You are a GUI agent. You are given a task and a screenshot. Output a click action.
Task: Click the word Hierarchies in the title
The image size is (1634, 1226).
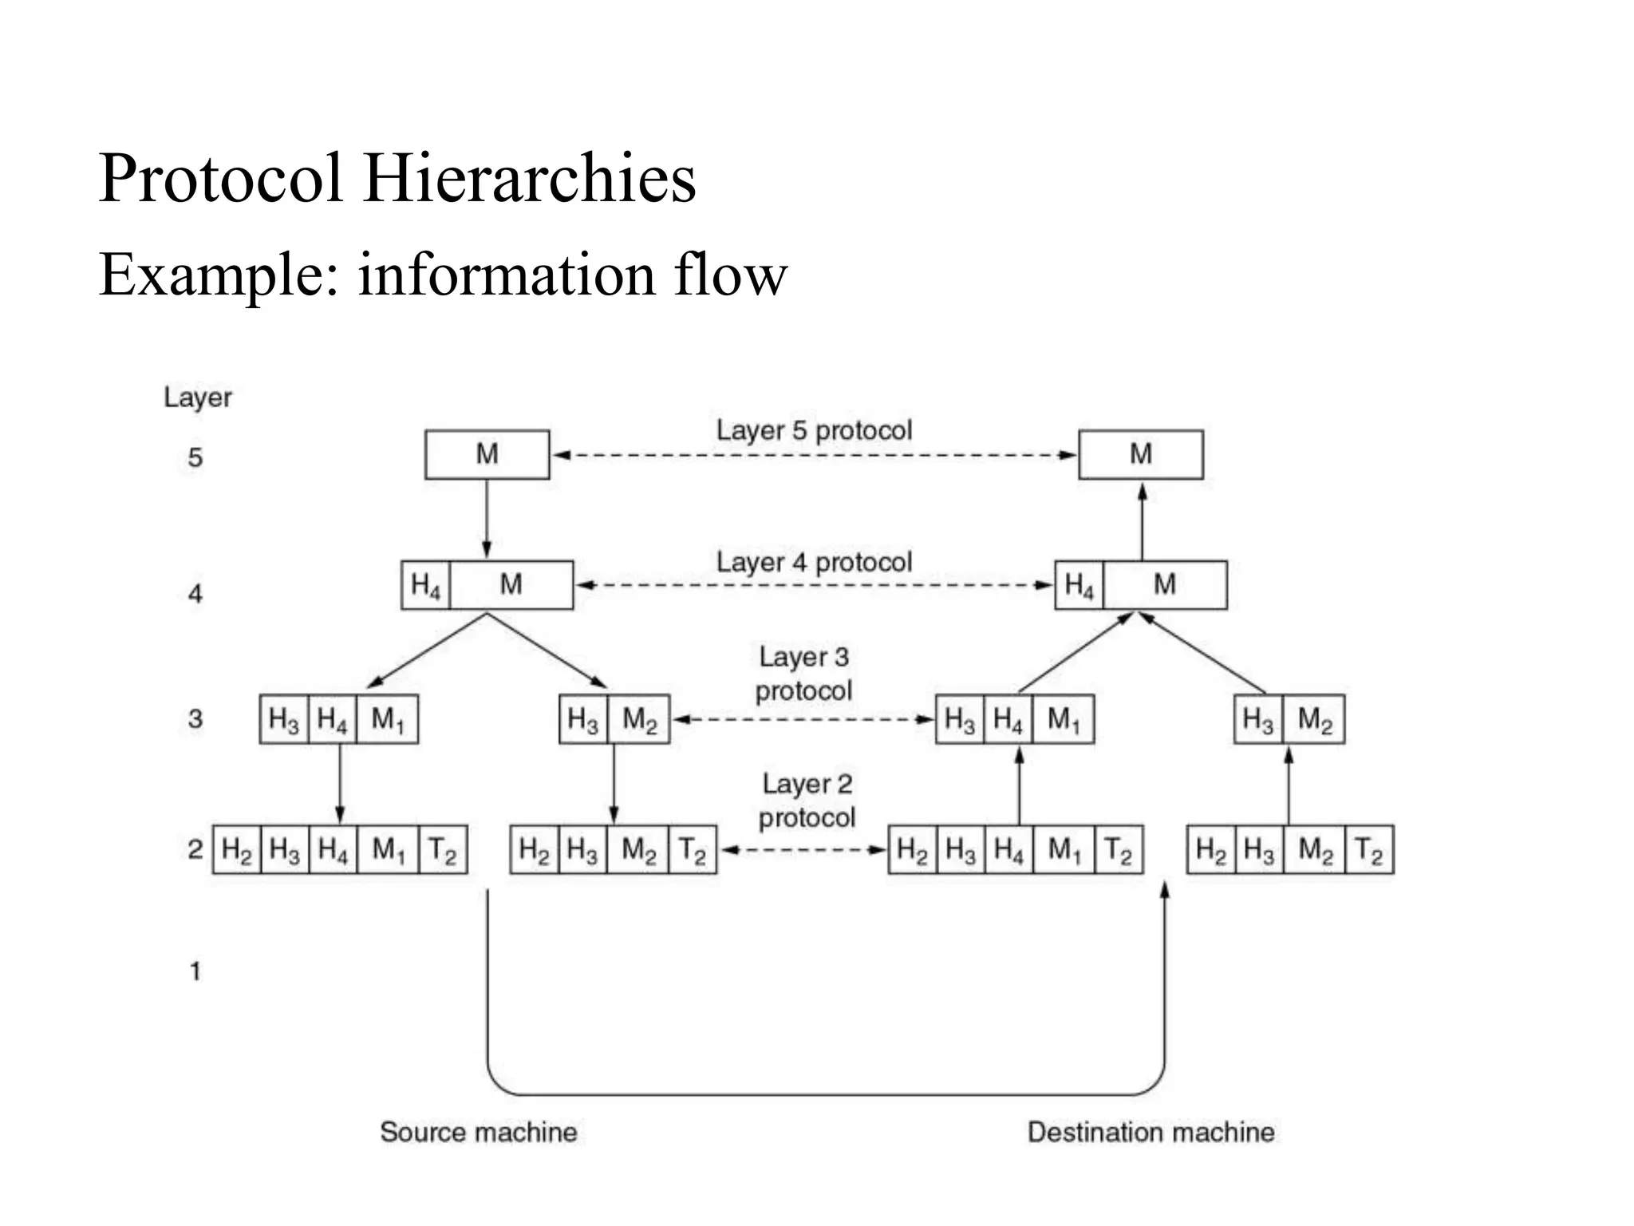pos(529,178)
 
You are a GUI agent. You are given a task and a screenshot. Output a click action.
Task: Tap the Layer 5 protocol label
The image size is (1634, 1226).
pos(814,430)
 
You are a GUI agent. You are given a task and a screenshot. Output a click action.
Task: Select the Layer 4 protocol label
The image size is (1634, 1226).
pos(814,562)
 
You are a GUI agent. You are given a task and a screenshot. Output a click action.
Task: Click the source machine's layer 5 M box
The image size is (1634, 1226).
pos(487,454)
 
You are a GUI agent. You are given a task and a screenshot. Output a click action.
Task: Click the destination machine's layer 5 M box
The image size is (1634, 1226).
pos(1140,454)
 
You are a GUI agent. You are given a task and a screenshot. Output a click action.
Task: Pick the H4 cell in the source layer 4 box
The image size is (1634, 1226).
pos(425,585)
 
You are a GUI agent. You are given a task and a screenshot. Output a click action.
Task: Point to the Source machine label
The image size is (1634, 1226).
pos(478,1132)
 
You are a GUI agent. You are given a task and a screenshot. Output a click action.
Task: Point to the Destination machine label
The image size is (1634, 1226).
pos(1151,1132)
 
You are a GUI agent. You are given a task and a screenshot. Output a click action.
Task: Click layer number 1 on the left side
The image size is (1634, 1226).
pos(195,971)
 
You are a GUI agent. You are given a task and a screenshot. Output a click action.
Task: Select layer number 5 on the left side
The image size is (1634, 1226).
pos(195,457)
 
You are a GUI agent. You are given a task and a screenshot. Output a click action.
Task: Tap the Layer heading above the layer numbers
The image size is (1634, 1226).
pos(198,397)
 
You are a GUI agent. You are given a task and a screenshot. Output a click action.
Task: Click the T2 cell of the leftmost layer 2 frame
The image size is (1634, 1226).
pos(442,849)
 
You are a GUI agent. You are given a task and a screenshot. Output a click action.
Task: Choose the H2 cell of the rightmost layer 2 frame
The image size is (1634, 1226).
pos(1210,849)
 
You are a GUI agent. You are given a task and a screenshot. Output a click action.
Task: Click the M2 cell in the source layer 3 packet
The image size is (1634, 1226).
pos(639,719)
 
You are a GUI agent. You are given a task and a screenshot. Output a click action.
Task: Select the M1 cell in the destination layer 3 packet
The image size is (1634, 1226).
pos(1063,719)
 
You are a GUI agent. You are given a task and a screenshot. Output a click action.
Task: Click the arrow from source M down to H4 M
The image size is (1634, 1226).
pos(487,519)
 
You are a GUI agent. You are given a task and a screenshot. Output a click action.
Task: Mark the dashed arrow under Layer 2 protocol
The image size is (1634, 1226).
pos(803,849)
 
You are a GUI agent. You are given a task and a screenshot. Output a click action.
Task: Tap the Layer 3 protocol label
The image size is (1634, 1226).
pos(804,674)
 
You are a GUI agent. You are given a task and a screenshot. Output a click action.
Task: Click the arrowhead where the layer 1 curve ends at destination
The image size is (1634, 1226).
pos(1164,889)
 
